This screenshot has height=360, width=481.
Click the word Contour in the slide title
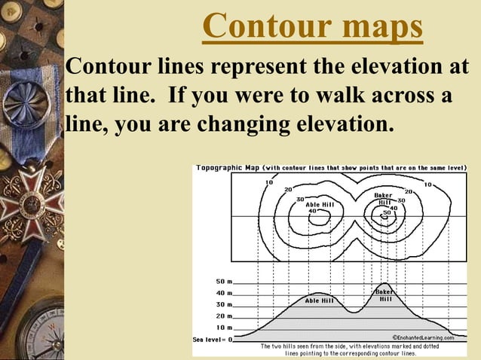253,27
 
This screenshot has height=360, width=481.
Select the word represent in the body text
256,69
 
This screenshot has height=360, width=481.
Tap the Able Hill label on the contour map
319,203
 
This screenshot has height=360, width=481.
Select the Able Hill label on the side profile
319,300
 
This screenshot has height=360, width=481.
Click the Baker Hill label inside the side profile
385,294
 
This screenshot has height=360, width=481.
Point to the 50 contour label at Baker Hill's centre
387,213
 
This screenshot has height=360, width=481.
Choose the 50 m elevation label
225,281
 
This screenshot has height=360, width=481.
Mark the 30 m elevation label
225,304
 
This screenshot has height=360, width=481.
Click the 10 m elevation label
225,328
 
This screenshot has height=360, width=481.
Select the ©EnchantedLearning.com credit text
422,338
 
